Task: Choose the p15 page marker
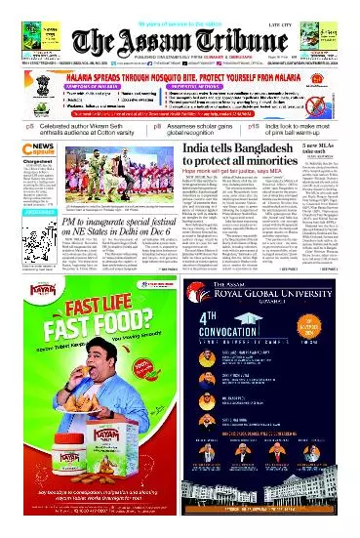pos(253,126)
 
